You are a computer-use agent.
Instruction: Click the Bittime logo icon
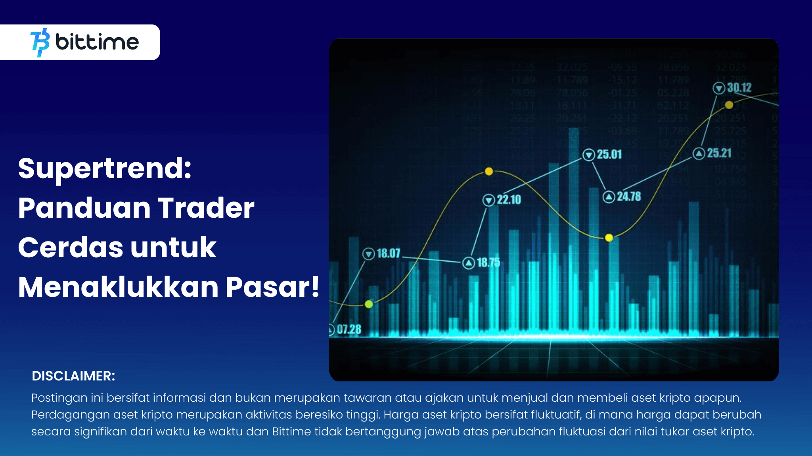click(40, 42)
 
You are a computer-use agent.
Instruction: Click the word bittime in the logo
click(97, 42)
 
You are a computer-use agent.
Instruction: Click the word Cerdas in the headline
click(71, 247)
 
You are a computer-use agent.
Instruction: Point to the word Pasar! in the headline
click(272, 287)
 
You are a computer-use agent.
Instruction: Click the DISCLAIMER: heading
click(73, 376)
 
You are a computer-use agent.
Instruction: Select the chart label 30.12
click(739, 87)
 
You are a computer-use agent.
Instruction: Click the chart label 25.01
click(609, 154)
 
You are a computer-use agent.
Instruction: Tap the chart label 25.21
click(719, 153)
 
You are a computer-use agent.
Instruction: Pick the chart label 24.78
click(629, 196)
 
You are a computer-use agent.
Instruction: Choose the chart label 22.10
click(509, 199)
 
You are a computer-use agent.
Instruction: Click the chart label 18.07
click(389, 253)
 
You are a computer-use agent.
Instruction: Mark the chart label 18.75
click(488, 262)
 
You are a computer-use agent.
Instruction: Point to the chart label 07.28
click(349, 329)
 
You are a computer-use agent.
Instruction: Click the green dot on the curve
click(369, 304)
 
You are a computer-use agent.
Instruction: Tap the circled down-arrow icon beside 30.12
click(719, 88)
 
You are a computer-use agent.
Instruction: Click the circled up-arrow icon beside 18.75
click(469, 263)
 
